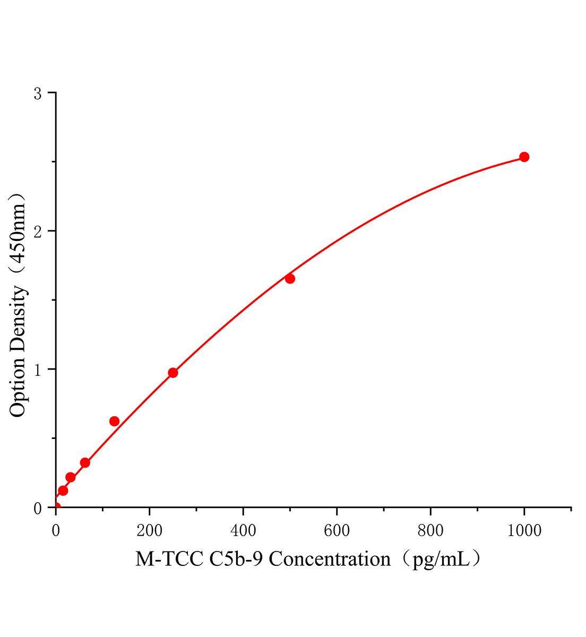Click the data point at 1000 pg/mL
click(x=524, y=157)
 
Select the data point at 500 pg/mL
click(x=290, y=279)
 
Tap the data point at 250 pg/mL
click(x=173, y=373)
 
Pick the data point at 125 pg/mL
click(x=114, y=421)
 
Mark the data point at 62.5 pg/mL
click(x=85, y=463)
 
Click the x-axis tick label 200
click(x=150, y=530)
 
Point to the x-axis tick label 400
click(x=243, y=530)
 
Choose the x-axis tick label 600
click(x=337, y=530)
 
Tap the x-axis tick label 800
click(x=430, y=530)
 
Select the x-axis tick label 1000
click(x=524, y=530)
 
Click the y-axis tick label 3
click(x=38, y=93)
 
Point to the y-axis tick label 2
click(x=38, y=231)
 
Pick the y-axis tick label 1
click(x=38, y=369)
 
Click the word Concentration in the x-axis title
click(x=330, y=559)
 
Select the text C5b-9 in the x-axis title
click(x=237, y=559)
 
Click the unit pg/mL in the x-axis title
click(x=441, y=560)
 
